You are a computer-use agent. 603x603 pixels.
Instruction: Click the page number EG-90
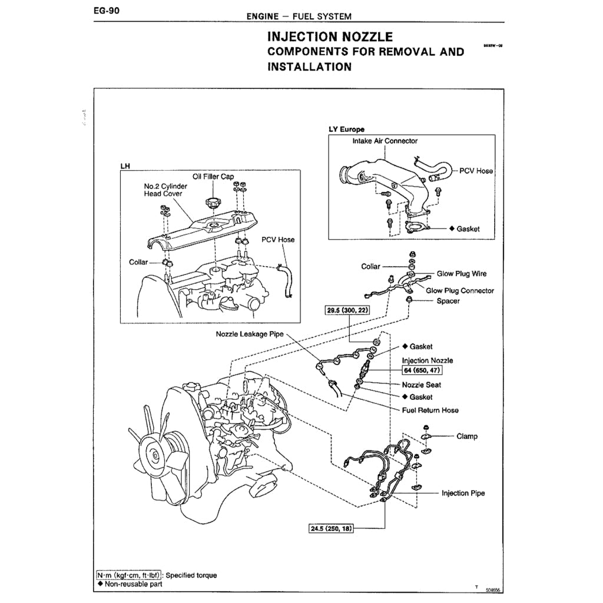pos(107,10)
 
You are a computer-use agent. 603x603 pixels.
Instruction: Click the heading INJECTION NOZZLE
pos(330,38)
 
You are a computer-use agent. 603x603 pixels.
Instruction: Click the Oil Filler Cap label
pos(213,176)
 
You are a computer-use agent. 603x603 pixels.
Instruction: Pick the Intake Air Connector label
pos(385,141)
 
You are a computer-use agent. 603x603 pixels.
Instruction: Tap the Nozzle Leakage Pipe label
pos(250,334)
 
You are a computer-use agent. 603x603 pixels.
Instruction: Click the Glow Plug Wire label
pos(462,274)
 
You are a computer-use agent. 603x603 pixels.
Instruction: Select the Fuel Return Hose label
pos(430,410)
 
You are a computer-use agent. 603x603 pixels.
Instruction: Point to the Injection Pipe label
pos(463,493)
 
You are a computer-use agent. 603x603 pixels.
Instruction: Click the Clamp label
pos(467,436)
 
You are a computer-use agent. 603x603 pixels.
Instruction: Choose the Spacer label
pos(448,301)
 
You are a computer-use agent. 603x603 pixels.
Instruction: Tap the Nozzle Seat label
pos(422,385)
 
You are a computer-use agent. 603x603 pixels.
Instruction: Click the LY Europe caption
pos(347,129)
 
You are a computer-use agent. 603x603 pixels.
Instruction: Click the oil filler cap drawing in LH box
pos(212,203)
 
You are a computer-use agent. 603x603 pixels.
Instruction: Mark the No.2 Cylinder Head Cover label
pos(165,190)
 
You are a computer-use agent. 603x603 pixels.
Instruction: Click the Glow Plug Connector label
pos(460,290)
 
